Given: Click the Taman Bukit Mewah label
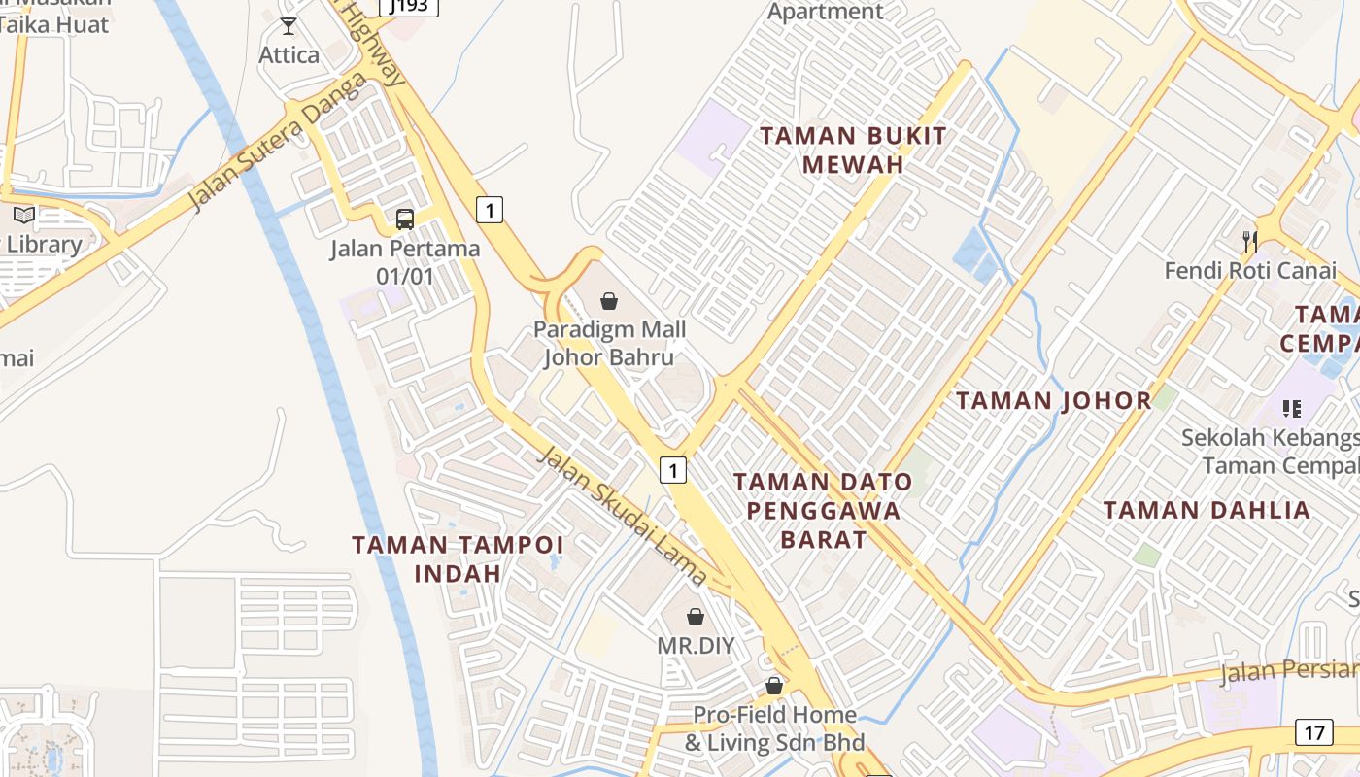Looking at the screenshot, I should click(853, 150).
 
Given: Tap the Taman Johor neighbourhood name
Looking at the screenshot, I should click(1054, 400).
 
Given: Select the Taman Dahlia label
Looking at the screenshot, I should click(1207, 510).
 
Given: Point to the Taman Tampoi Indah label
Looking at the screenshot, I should click(458, 558).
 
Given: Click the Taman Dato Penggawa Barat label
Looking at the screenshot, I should click(823, 510).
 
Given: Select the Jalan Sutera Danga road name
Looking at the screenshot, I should click(277, 142).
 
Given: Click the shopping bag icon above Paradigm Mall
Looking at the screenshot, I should click(609, 301).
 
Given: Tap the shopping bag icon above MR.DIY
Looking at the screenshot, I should click(696, 616).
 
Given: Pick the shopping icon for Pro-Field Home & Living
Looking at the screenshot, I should click(774, 686).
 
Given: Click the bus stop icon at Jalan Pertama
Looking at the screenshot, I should click(405, 219).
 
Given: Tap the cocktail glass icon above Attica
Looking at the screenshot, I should click(289, 26).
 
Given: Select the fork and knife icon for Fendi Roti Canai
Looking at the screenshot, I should click(1250, 240).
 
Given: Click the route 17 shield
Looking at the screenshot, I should click(1313, 732).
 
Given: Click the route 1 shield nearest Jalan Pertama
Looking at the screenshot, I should click(490, 209).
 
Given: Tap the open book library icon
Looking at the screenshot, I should click(24, 215).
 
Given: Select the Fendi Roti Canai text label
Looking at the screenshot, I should click(1250, 271).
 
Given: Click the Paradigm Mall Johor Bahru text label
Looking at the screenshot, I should click(609, 343).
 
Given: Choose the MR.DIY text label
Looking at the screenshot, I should click(696, 646).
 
